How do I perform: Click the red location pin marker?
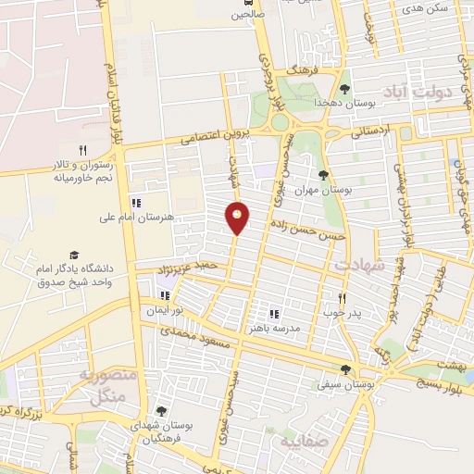click(x=237, y=218)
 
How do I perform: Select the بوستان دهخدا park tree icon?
click(x=344, y=89)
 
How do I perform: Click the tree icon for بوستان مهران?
click(x=322, y=175)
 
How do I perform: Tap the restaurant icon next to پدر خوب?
click(x=342, y=298)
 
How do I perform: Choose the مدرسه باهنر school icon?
click(x=274, y=315)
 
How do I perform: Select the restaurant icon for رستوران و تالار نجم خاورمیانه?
click(x=82, y=150)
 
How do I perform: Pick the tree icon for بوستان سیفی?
click(x=345, y=369)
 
